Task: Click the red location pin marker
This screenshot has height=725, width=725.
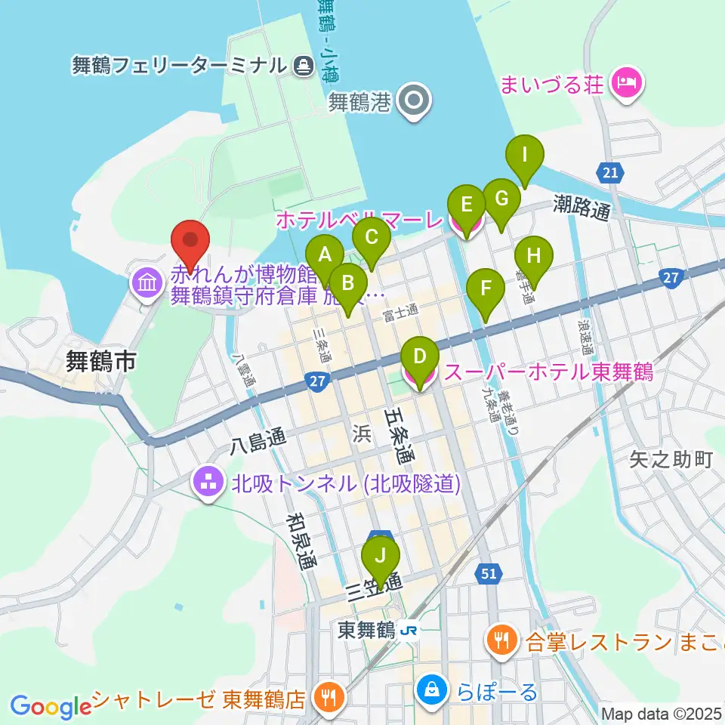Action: coord(190,242)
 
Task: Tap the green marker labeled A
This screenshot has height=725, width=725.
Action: coord(325,257)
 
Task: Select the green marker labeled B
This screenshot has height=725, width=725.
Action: coord(348,286)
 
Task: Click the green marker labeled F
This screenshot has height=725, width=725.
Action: coord(486,291)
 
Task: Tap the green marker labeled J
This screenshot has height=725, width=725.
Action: coord(381,560)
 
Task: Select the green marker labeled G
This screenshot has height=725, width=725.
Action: coord(501,202)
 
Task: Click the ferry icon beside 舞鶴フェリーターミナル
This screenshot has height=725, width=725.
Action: coord(303,66)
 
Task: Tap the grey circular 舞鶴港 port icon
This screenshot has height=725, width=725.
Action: coord(415,100)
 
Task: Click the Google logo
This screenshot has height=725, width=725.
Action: coord(51,707)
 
